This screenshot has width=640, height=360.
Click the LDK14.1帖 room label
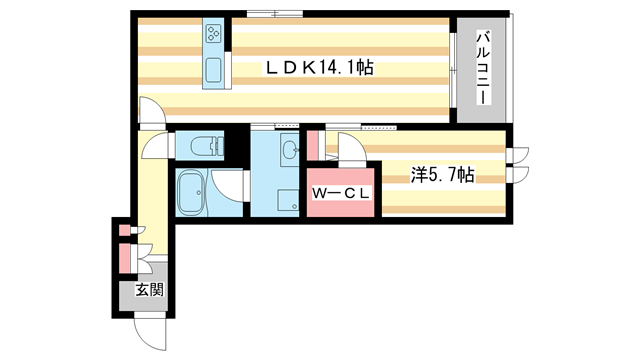pos(319,68)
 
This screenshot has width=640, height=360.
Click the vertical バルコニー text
pos(482,69)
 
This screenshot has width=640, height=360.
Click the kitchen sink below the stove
pos(214,71)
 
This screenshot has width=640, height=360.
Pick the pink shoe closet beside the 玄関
pos(126,258)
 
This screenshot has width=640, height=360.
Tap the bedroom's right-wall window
pos(518,165)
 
